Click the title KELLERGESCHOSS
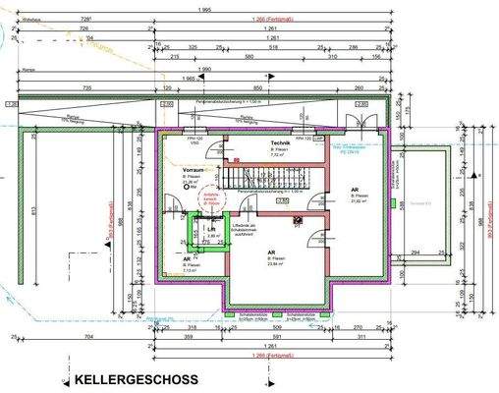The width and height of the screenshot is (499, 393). [135, 379]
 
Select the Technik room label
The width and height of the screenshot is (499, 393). [282, 143]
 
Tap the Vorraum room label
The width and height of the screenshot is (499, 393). [192, 169]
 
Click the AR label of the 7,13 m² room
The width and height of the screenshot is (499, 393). [187, 259]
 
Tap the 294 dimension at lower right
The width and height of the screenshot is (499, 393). [416, 253]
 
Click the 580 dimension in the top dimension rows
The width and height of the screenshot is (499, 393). [277, 57]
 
